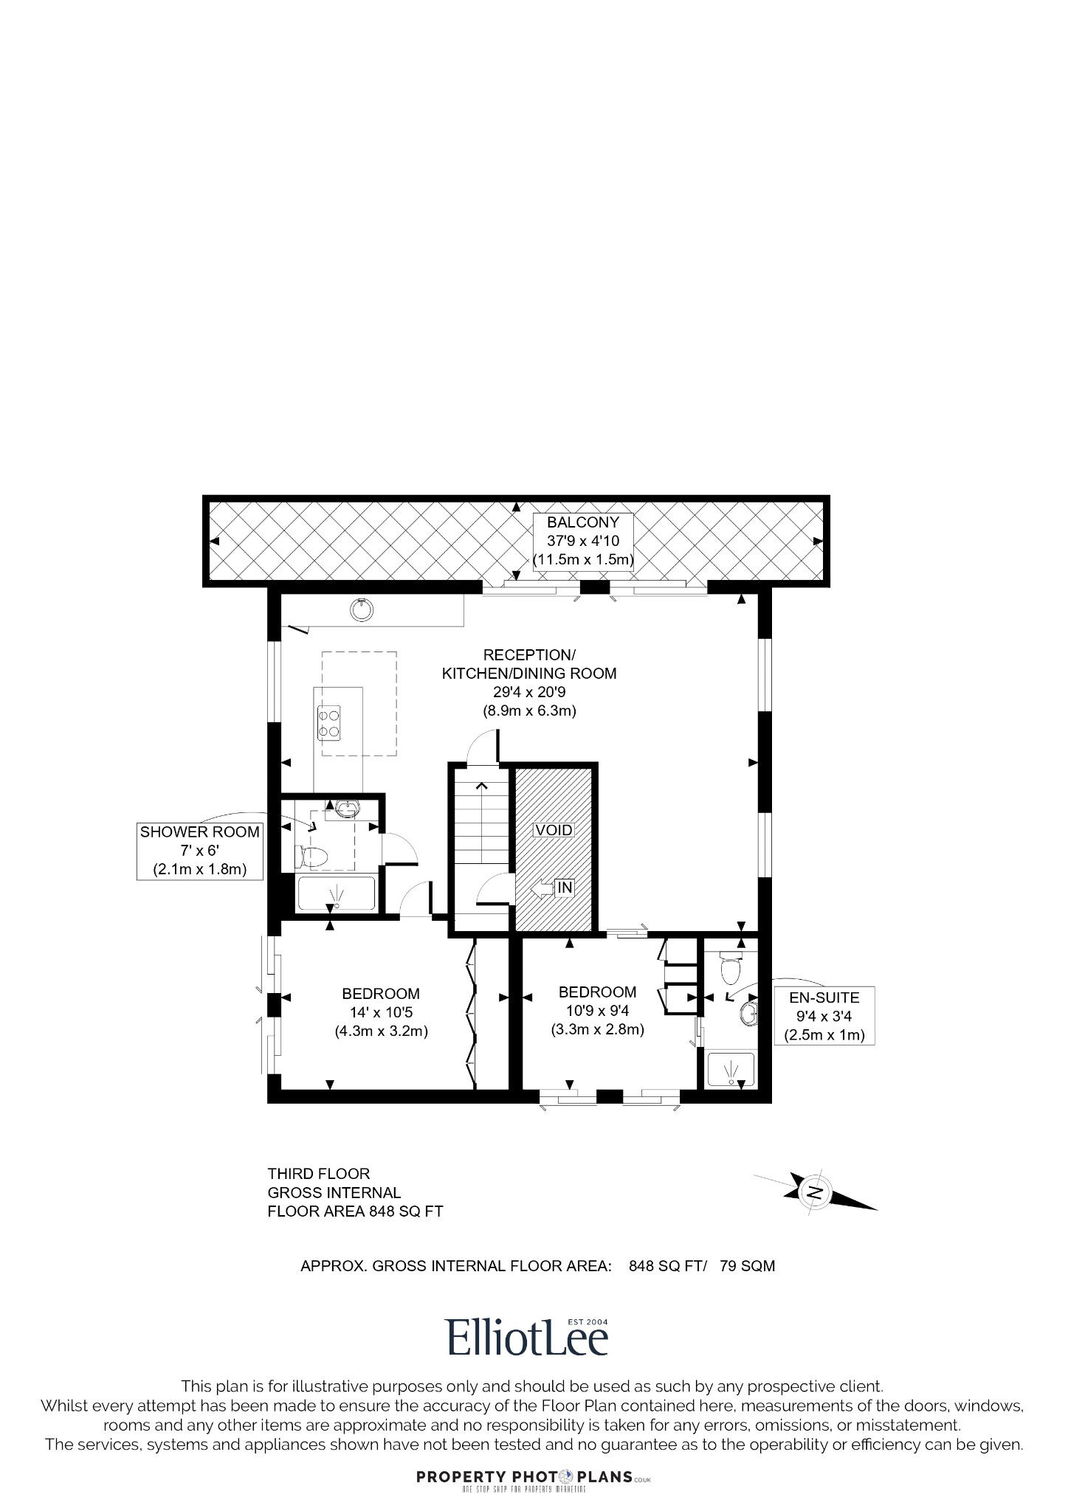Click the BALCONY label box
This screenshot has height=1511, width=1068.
(583, 541)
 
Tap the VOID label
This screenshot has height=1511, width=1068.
(554, 829)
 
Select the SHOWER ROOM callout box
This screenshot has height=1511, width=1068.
(200, 850)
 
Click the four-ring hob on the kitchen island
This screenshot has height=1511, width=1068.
(329, 723)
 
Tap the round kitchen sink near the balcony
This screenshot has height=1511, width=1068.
(362, 609)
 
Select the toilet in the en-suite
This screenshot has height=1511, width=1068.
(729, 969)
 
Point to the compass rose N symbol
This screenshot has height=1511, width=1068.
(815, 1192)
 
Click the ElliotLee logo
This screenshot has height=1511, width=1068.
(527, 1337)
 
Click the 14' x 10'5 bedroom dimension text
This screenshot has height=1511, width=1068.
(381, 1012)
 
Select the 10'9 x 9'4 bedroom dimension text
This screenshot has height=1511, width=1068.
(598, 1011)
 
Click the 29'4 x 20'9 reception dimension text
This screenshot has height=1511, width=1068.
(528, 692)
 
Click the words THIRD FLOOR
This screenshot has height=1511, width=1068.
(318, 1173)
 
